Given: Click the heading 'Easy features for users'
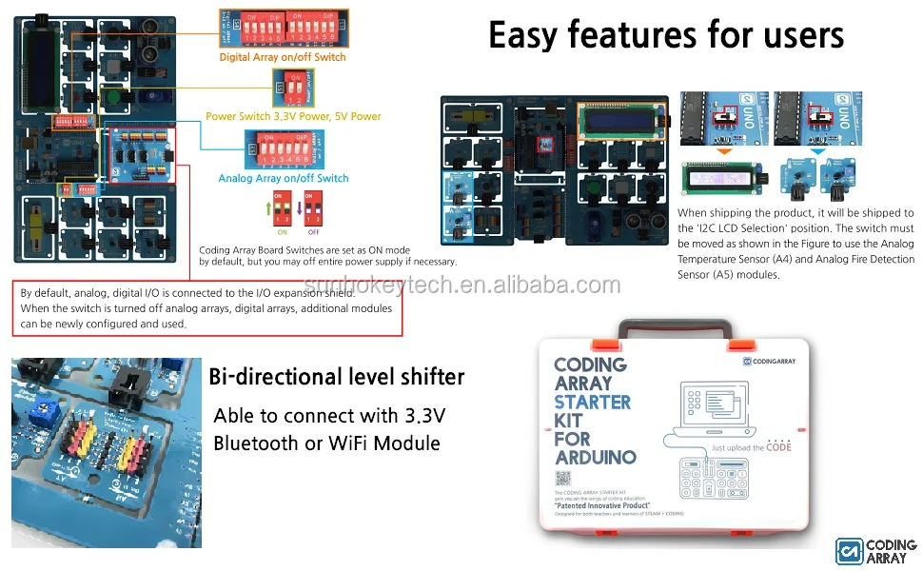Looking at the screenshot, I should pyautogui.click(x=666, y=35).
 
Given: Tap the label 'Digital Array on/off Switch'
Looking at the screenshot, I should pyautogui.click(x=283, y=57).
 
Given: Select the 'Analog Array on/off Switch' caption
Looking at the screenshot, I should pyautogui.click(x=284, y=178).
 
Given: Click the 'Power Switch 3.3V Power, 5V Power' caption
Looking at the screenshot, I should pyautogui.click(x=293, y=116).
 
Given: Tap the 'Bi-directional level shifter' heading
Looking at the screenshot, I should pyautogui.click(x=336, y=377).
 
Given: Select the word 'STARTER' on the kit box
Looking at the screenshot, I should pyautogui.click(x=592, y=402).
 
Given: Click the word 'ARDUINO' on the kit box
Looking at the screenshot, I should pyautogui.click(x=595, y=457).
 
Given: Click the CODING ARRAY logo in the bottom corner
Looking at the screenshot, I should pyautogui.click(x=875, y=551).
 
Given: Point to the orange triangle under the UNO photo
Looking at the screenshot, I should pyautogui.click(x=725, y=151).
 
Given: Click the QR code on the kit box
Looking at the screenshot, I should pyautogui.click(x=561, y=479).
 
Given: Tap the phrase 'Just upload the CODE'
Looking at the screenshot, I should pyautogui.click(x=751, y=447).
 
